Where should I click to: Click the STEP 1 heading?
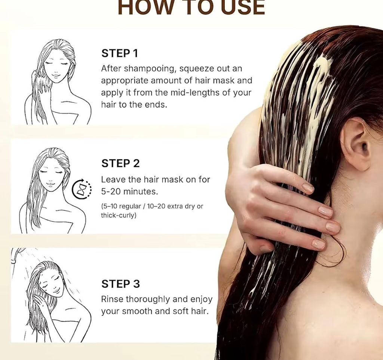point(120,54)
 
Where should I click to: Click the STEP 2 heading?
point(120,164)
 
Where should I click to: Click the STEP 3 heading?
point(120,284)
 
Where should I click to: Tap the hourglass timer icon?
point(82,189)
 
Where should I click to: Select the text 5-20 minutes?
point(129,192)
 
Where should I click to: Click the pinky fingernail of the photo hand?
point(319,244)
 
